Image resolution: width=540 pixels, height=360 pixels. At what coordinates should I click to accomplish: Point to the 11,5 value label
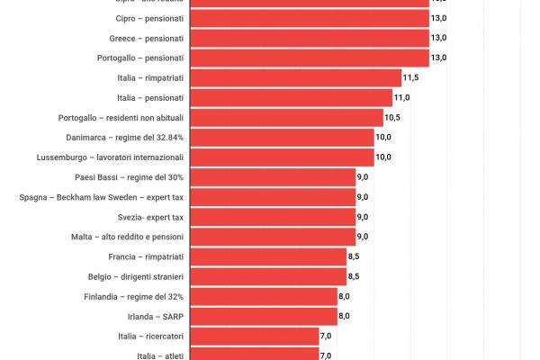[x=411, y=78]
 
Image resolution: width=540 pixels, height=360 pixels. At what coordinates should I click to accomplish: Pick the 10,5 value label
[x=392, y=118]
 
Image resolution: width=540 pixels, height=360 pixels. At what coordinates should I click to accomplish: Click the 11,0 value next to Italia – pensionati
[x=401, y=98]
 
